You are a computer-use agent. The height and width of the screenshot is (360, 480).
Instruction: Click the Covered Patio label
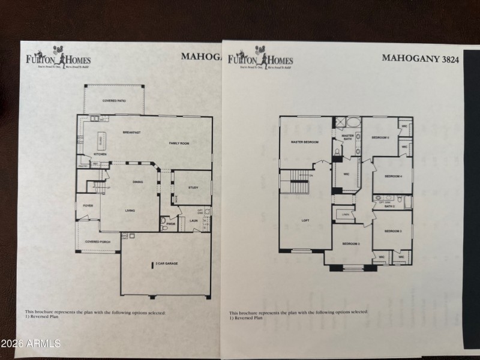(x=114, y=100)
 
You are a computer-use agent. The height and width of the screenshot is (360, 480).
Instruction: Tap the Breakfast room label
(x=131, y=132)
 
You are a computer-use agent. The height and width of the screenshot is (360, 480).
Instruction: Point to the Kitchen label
(x=100, y=154)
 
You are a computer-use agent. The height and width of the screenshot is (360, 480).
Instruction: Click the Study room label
(x=193, y=188)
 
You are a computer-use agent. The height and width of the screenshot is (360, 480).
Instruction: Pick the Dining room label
(x=137, y=182)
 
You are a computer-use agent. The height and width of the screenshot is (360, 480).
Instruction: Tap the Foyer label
(x=88, y=206)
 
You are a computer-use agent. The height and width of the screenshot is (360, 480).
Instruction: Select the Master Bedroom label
(x=304, y=142)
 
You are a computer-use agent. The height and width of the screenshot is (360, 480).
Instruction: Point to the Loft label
(x=305, y=220)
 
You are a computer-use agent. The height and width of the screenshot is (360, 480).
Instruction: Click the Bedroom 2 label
(x=350, y=244)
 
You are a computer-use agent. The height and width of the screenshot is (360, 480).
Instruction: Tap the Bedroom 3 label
(x=392, y=231)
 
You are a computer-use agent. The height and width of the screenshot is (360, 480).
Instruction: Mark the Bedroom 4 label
(x=392, y=176)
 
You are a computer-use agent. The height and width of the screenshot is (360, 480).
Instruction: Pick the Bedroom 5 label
(x=380, y=138)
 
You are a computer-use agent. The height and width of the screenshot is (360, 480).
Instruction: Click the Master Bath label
(x=347, y=137)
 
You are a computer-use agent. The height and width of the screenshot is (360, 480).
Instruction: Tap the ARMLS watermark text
(x=31, y=344)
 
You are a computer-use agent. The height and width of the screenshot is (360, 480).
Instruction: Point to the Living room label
(x=129, y=211)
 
